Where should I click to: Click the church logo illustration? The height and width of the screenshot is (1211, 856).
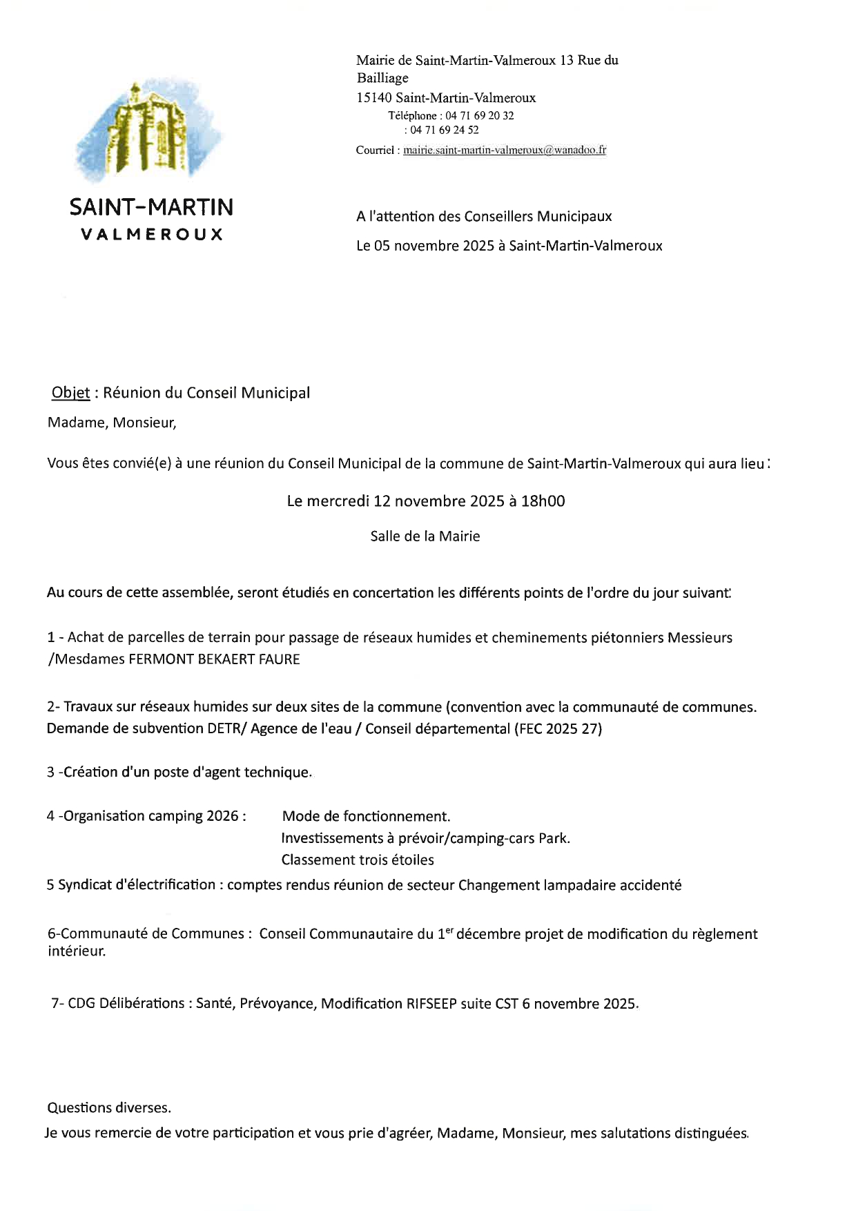(149, 128)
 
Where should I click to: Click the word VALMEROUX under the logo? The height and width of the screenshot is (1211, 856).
(152, 235)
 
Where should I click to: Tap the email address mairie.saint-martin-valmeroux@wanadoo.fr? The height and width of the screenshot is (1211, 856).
(505, 150)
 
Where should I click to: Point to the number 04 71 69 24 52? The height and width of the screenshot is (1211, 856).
(445, 130)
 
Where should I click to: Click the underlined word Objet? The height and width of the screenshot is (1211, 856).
(70, 393)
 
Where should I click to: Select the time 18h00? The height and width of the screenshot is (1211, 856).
(543, 501)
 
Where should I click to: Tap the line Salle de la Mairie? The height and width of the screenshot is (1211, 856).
(425, 536)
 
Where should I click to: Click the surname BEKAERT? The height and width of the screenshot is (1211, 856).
(226, 659)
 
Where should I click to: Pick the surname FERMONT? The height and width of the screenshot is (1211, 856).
(162, 659)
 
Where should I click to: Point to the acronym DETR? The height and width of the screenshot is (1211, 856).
(225, 729)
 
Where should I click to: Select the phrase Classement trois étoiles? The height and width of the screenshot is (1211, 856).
(358, 860)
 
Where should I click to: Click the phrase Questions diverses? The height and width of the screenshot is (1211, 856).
(109, 1108)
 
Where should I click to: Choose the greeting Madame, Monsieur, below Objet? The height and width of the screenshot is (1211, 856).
(112, 423)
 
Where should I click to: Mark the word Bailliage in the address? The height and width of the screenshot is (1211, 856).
(382, 79)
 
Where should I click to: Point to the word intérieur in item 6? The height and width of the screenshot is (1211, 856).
(76, 951)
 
